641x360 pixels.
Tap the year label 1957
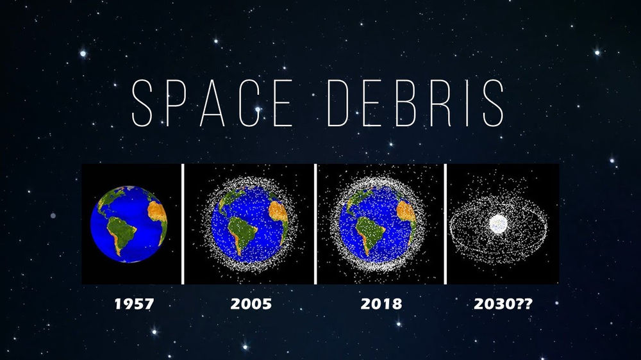point(134,304)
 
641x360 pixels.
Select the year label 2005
point(251,304)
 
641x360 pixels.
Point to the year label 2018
point(381,304)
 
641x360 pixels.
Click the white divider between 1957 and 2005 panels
point(183,224)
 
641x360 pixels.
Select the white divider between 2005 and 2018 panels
point(315,224)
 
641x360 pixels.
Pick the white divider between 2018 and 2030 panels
point(445,224)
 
